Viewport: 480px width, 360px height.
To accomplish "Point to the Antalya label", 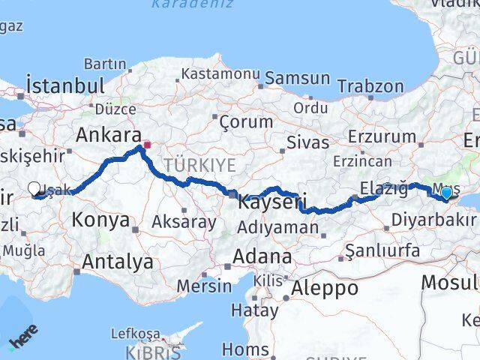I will pyautogui.click(x=118, y=262).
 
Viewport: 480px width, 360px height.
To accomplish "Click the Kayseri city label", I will pyautogui.click(x=271, y=202).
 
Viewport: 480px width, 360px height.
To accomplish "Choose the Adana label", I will pyautogui.click(x=262, y=256).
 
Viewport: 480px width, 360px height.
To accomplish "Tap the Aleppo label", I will pyautogui.click(x=325, y=287).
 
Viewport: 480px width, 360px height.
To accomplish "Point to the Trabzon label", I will pyautogui.click(x=370, y=87).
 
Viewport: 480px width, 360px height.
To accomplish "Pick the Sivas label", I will pyautogui.click(x=307, y=142).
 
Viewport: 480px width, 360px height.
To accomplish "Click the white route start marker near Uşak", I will pyautogui.click(x=34, y=190).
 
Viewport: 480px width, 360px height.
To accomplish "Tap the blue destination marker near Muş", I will pyautogui.click(x=446, y=193).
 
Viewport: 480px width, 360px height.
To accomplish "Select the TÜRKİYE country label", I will pyautogui.click(x=200, y=165).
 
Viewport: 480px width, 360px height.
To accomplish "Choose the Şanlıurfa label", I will pyautogui.click(x=382, y=250).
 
